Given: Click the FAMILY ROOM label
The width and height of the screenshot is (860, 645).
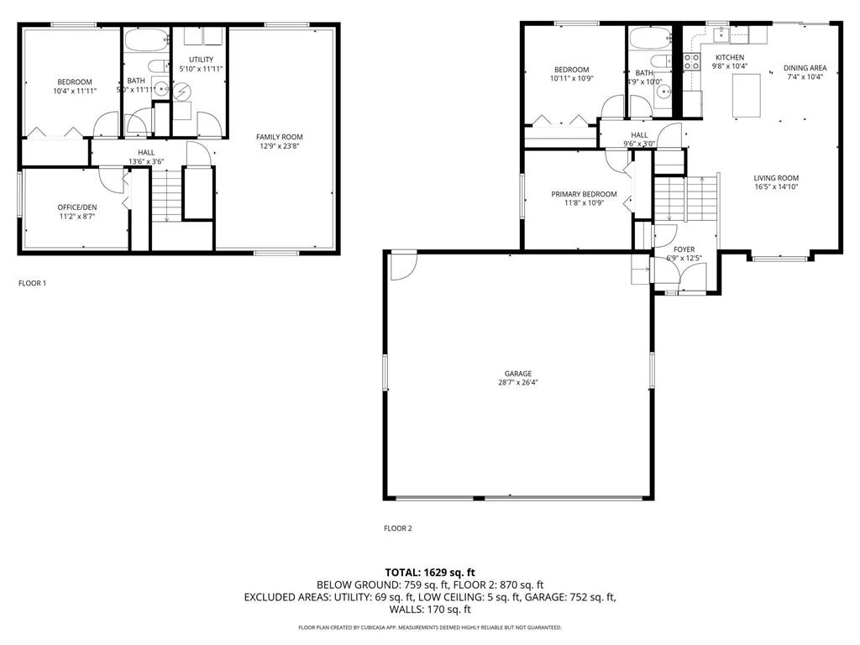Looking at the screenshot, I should point(280,137).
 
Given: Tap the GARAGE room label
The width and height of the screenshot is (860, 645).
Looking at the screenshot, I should point(518,374).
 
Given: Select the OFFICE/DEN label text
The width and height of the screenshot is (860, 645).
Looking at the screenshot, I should point(75,207).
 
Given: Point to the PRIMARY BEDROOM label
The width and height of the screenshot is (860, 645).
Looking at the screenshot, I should point(584,194).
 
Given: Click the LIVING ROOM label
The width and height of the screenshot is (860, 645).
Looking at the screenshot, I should point(775,178).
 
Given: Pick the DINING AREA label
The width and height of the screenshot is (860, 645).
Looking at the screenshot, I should point(805,68).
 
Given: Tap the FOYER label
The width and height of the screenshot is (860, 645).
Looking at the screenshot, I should point(684,249).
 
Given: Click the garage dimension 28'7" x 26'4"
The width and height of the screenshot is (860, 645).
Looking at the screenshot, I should point(518,383).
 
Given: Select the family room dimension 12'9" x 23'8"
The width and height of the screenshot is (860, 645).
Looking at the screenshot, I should point(280,146).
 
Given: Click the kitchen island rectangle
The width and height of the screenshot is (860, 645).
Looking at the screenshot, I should point(747,95).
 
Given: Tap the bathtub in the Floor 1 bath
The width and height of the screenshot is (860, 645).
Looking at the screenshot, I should point(146,39).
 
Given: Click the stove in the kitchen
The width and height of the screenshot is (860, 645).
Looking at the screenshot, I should point(693,61).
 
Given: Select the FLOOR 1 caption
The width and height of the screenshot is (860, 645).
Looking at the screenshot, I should point(33,284).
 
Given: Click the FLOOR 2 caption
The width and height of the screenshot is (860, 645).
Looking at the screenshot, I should point(398,529).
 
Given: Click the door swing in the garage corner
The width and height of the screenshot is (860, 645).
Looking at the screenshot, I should point(402,265).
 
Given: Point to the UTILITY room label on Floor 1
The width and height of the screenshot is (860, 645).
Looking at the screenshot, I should point(201,60).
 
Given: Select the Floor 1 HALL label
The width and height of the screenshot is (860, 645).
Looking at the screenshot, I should point(146,152).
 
